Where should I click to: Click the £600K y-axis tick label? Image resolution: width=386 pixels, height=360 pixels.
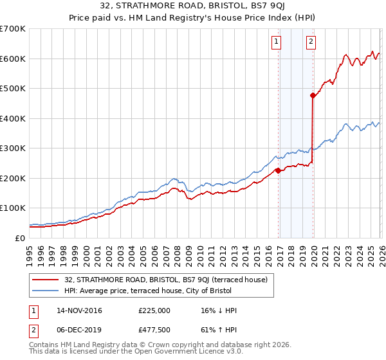point(13,59)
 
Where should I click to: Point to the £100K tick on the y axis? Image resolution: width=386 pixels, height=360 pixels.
point(13,208)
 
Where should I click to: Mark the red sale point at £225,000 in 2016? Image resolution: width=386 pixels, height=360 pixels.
point(278,170)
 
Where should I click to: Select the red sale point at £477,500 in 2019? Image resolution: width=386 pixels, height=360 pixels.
point(313,95)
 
